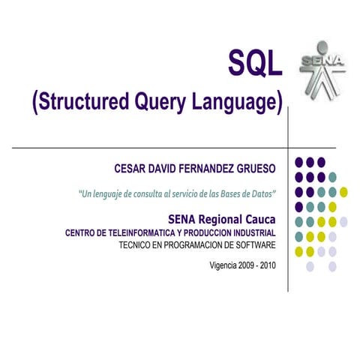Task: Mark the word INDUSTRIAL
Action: (x=250, y=232)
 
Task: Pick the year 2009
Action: (x=250, y=265)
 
